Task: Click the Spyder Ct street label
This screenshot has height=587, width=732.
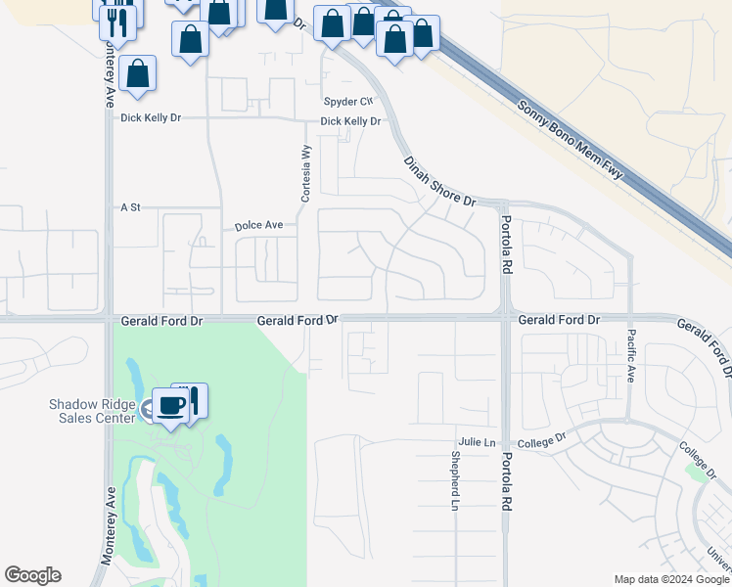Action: (x=348, y=102)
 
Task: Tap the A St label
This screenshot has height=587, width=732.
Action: (x=130, y=208)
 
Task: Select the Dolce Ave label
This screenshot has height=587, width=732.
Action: (x=258, y=226)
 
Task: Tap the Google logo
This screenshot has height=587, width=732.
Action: (x=32, y=575)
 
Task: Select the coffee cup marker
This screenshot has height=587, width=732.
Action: (x=171, y=406)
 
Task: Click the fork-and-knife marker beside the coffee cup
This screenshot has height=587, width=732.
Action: (x=193, y=399)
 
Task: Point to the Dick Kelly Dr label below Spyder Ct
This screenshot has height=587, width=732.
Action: (x=350, y=122)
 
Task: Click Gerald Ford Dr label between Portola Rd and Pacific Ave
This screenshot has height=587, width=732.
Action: (x=558, y=320)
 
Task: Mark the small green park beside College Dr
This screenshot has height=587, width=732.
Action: (x=699, y=473)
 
